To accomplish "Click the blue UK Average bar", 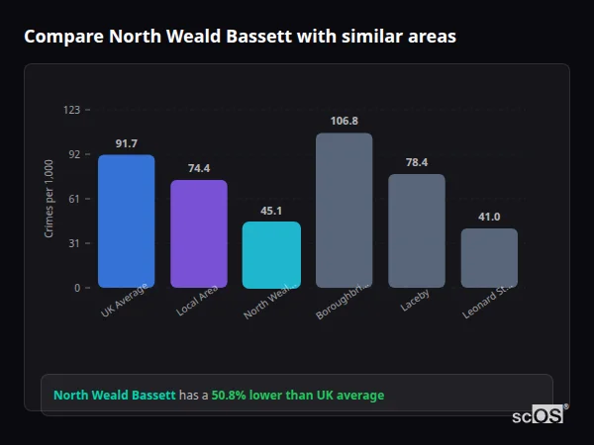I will click(126, 221).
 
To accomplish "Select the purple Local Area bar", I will click(198, 233).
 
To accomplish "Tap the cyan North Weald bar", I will click(271, 254).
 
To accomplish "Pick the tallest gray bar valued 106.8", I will click(344, 210).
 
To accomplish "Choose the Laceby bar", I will click(416, 230).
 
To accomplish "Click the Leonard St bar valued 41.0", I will click(489, 257).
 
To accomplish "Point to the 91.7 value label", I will click(126, 143).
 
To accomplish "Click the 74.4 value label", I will click(198, 168).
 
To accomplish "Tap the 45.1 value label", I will click(271, 210).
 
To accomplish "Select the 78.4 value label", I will click(416, 162).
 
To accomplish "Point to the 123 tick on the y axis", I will click(71, 110).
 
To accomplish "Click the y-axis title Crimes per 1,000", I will click(49, 199).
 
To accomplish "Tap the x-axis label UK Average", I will click(124, 301).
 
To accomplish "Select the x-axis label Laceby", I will click(414, 300).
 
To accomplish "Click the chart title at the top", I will click(240, 37).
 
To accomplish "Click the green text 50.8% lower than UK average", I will click(297, 396).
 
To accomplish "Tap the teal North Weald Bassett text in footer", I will click(114, 396).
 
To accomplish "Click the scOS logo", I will click(538, 415).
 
